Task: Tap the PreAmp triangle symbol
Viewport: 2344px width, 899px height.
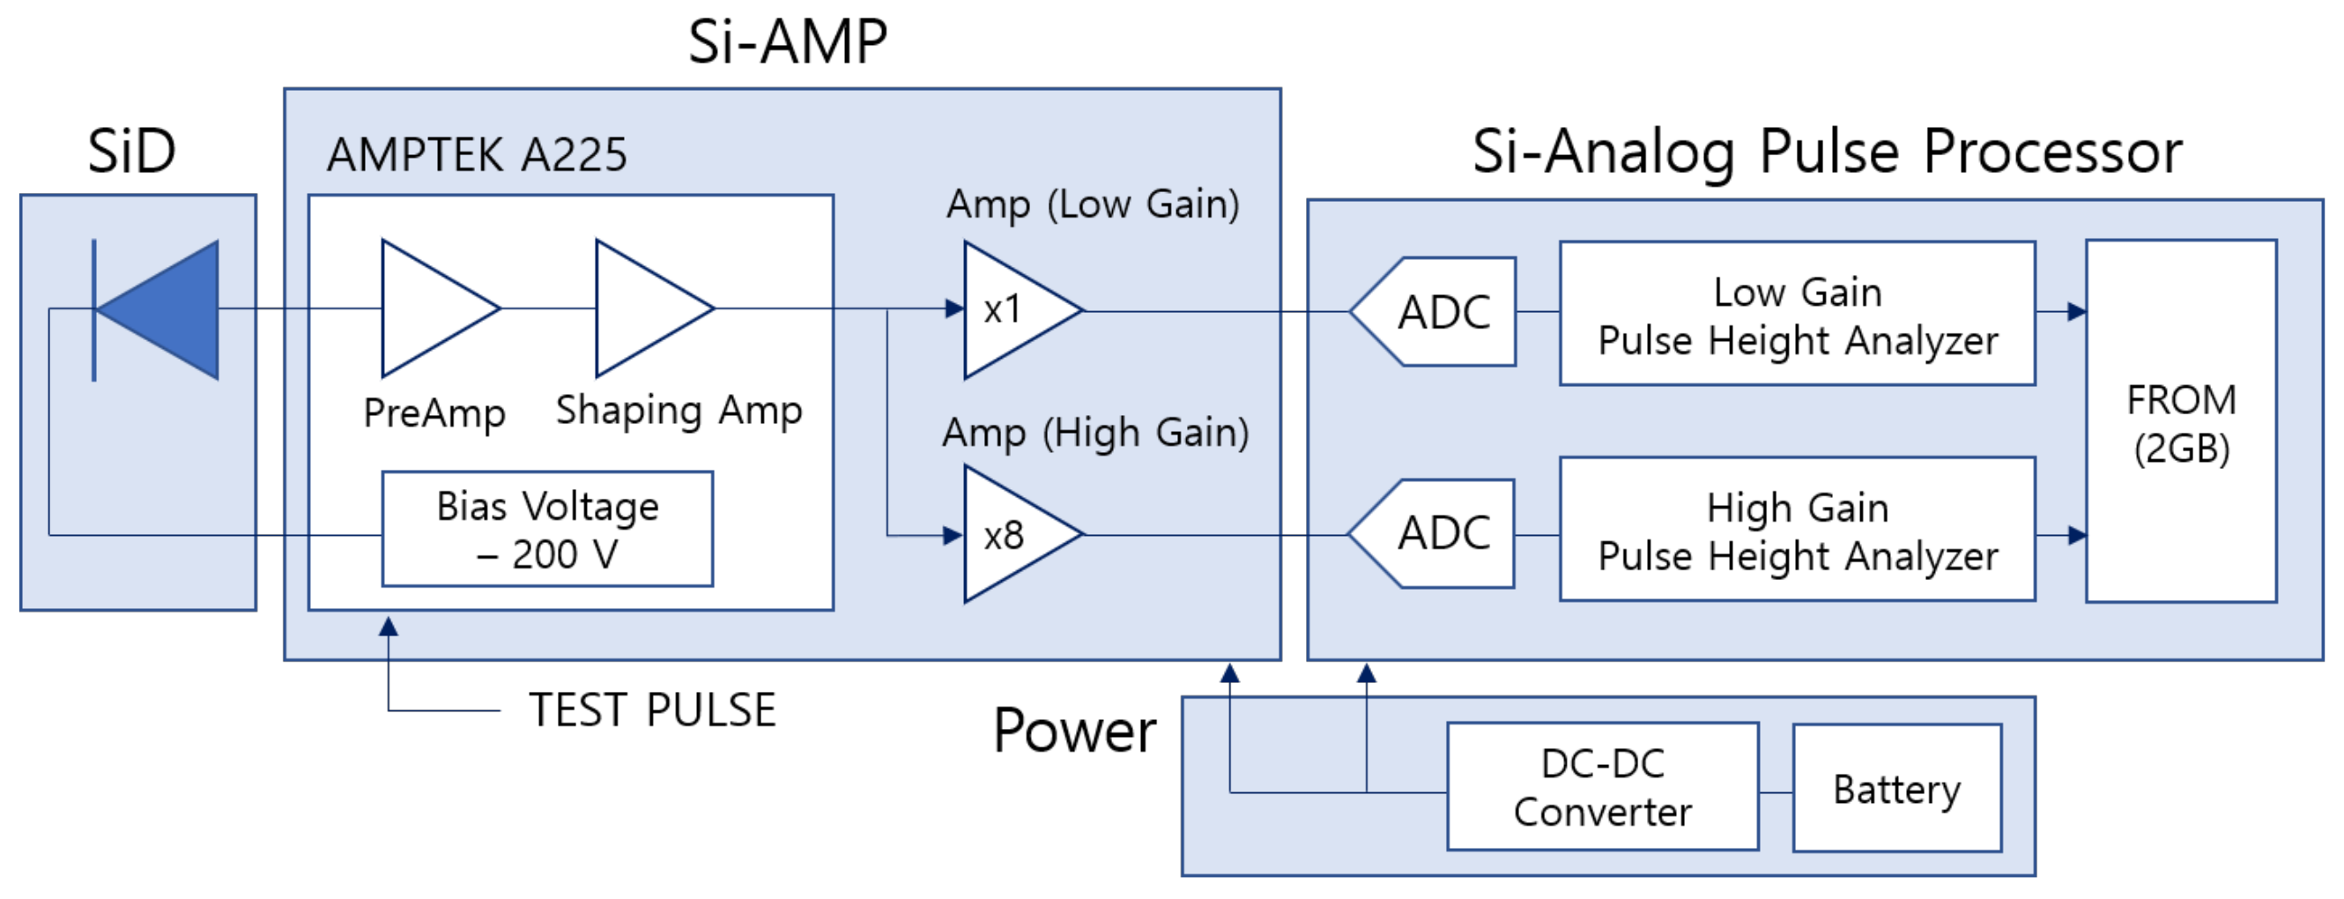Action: click(427, 309)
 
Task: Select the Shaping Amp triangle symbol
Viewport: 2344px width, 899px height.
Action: click(642, 309)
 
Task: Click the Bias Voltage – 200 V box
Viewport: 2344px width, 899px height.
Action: click(547, 530)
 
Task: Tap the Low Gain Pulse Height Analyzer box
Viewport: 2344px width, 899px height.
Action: click(1797, 314)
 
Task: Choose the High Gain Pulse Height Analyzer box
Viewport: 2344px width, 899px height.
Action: click(1797, 530)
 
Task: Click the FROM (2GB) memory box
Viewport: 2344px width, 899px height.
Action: click(2181, 422)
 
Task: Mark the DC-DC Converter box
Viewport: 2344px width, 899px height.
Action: click(1602, 787)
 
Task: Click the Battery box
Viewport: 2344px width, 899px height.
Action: click(1896, 789)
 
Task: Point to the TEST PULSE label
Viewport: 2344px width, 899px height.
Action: click(652, 710)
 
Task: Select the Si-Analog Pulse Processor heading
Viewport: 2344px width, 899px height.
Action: click(1826, 151)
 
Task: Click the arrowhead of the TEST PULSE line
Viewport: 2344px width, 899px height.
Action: click(389, 627)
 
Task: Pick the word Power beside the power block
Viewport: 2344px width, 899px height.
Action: click(1073, 731)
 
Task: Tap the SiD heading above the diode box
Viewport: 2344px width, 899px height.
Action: click(132, 151)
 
